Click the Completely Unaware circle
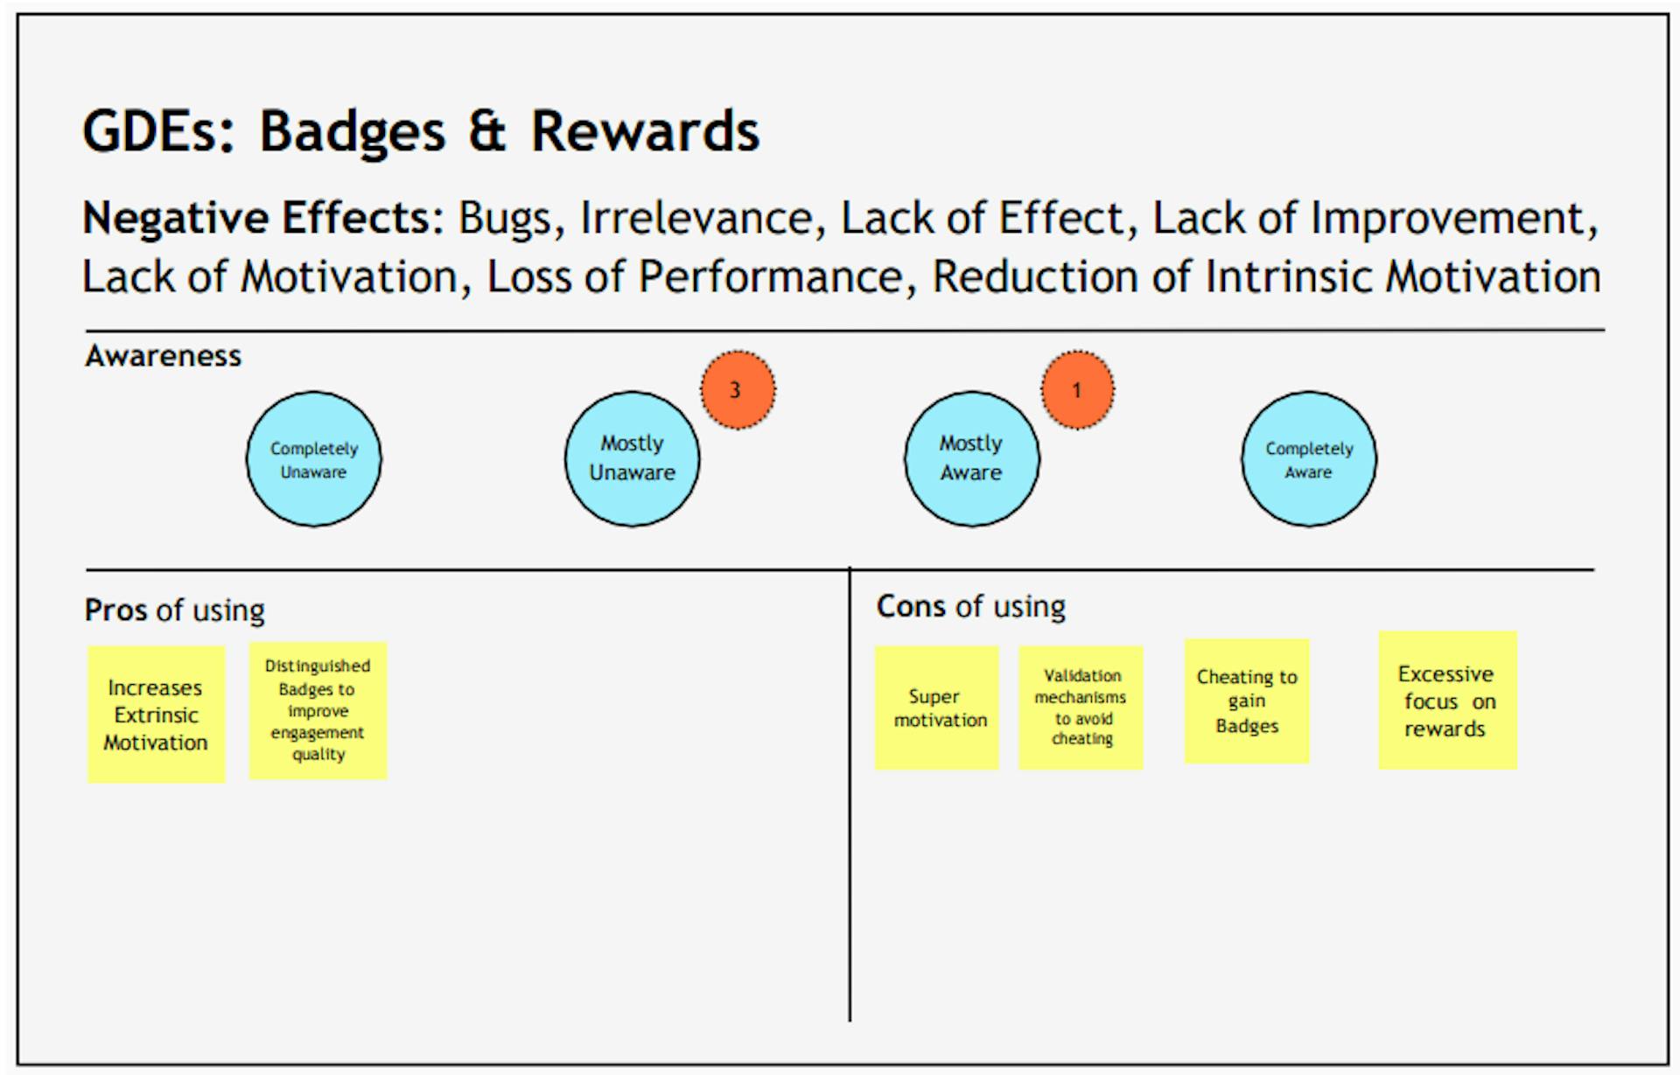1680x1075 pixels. coord(313,459)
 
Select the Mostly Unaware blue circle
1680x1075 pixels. coord(632,459)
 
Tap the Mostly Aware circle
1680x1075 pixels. coord(971,459)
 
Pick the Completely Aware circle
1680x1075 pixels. coord(1308,459)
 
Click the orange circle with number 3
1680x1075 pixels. coord(738,390)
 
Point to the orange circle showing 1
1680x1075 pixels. coord(1077,390)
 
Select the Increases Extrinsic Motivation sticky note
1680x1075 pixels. coord(157,715)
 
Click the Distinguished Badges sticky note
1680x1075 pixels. coord(318,710)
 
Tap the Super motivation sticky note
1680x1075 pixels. coord(937,708)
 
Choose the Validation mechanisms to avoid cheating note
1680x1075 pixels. coord(1081,708)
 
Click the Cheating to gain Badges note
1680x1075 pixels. coord(1247,701)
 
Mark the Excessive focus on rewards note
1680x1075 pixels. coord(1447,701)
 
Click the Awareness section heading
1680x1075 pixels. coord(164,356)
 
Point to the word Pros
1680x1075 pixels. coord(115,610)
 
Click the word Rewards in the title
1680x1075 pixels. coord(645,131)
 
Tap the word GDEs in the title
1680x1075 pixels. coord(158,131)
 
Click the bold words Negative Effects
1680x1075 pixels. coord(262,218)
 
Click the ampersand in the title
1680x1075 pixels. coord(487,131)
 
